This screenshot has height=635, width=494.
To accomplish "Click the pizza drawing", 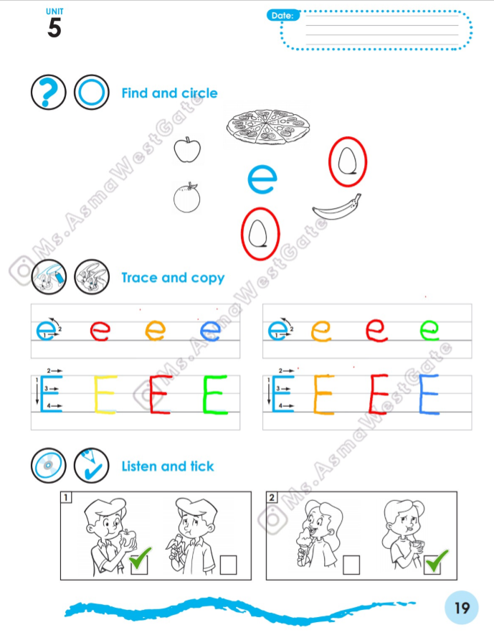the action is [268, 126].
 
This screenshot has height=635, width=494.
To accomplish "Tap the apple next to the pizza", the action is [187, 150].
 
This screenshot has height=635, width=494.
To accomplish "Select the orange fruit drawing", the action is [187, 197].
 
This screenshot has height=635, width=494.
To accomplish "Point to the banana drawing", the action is [336, 207].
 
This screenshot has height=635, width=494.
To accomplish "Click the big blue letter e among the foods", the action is [262, 179].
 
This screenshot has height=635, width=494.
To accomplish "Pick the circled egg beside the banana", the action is [348, 161].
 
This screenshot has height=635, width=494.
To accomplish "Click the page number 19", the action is [462, 608].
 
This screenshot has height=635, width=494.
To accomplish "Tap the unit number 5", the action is [54, 28].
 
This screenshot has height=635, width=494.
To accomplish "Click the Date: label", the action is [282, 15].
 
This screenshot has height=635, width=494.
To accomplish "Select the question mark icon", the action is [49, 92].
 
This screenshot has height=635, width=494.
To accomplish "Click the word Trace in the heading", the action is [139, 278].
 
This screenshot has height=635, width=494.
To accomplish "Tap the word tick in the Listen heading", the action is [202, 466].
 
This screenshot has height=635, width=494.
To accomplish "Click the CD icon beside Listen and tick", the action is [49, 466].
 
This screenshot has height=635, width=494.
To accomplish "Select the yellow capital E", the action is [105, 395].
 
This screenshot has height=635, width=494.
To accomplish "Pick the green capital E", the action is [215, 395].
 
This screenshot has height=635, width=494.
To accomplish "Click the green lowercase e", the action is [429, 330].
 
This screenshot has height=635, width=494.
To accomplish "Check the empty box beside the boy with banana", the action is [228, 565].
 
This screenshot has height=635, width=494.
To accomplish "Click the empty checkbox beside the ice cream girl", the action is [351, 565].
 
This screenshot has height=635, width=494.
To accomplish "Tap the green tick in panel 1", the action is [141, 558].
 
